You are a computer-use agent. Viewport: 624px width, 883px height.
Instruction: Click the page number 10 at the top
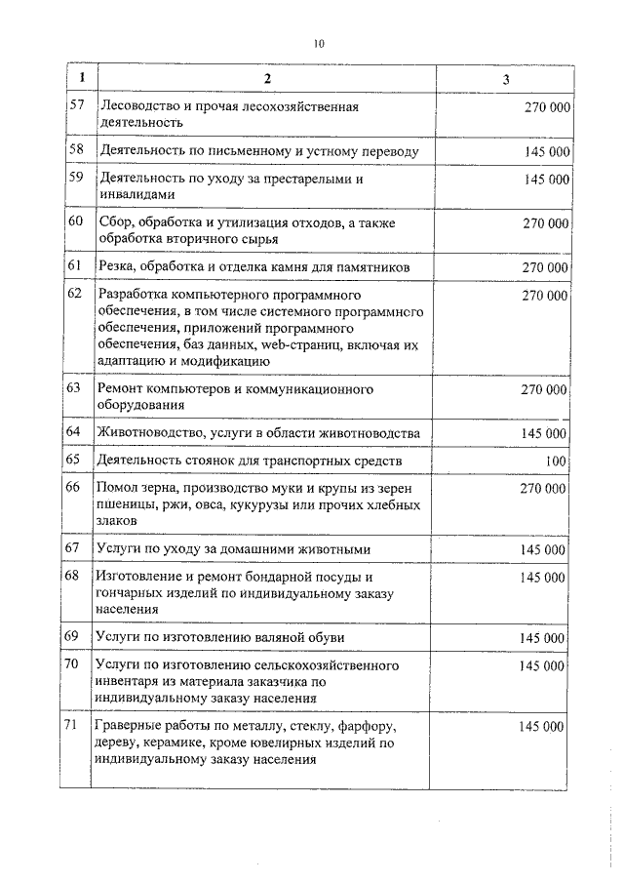coord(319,43)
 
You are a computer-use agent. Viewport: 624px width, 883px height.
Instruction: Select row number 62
coord(75,294)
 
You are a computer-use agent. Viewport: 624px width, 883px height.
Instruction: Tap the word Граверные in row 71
coord(131,727)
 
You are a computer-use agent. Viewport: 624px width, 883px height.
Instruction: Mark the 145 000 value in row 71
coord(541,727)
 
